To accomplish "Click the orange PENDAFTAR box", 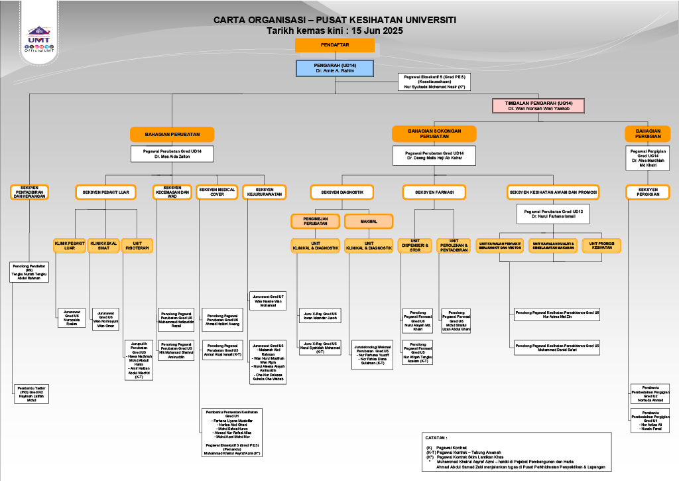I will (x=335, y=45).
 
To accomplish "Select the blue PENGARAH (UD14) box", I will (x=335, y=68).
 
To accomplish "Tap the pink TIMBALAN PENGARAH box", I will (x=538, y=105).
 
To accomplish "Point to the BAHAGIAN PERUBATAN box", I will (x=172, y=134).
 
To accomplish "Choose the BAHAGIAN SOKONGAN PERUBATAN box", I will (x=434, y=134).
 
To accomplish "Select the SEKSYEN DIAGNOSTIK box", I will (x=342, y=192).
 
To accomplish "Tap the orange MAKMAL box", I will (x=369, y=221).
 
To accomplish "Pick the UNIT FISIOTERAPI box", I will (x=137, y=245).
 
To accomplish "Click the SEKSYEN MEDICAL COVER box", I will (x=217, y=192).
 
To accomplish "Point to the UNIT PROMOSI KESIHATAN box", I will (x=601, y=245).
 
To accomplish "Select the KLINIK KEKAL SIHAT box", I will (x=103, y=245).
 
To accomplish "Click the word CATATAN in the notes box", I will (x=437, y=438).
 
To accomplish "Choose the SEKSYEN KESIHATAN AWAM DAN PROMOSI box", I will (x=554, y=192).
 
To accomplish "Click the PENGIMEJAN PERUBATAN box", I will (x=316, y=221).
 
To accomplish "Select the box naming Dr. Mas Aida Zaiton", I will (x=172, y=154).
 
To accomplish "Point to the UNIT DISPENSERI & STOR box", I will (x=415, y=245).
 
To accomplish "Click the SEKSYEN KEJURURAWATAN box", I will (x=263, y=192).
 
